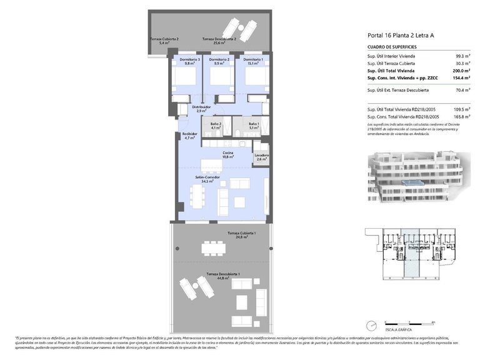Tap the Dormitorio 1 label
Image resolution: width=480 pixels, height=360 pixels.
coord(252,61)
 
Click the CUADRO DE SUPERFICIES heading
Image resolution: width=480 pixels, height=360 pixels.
coord(392,47)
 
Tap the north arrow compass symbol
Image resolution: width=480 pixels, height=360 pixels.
coord(371,324)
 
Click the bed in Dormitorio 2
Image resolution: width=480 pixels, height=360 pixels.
coord(219,77)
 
